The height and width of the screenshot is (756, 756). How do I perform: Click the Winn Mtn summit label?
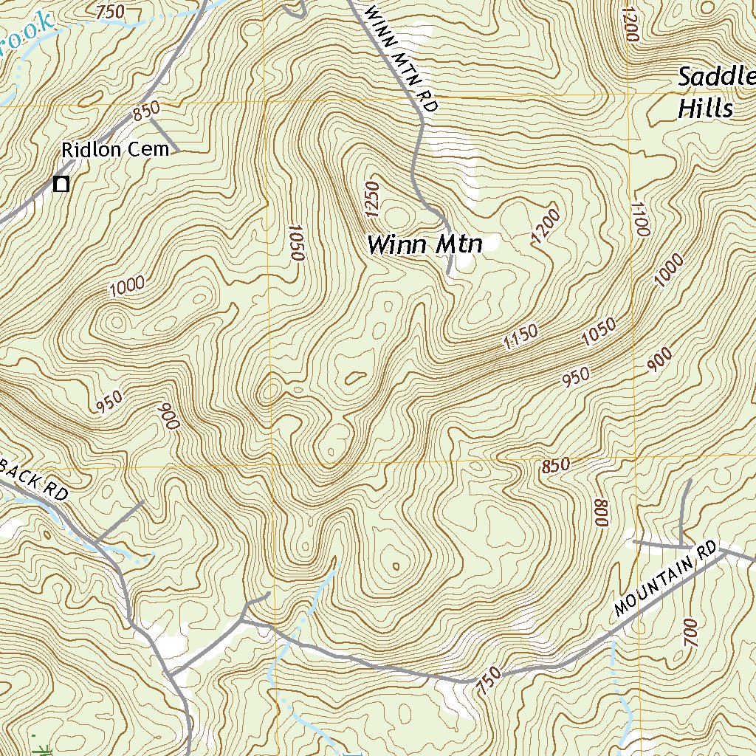[425, 244]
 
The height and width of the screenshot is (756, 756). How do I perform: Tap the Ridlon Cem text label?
[115, 150]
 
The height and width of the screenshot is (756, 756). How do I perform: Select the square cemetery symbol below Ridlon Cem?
[62, 185]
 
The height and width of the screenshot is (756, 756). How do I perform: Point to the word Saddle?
[716, 77]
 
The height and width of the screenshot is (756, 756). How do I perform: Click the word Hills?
[705, 109]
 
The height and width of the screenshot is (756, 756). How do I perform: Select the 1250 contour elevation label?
[371, 200]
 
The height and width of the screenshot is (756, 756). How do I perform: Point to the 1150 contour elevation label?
[520, 337]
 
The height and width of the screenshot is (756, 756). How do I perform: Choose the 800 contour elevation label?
[599, 513]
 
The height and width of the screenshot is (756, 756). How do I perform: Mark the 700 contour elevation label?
[691, 633]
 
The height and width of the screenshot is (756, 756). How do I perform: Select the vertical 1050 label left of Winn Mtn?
[296, 242]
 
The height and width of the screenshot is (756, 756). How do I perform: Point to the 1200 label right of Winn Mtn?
[546, 227]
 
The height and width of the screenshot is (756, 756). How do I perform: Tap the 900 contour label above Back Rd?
[168, 416]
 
